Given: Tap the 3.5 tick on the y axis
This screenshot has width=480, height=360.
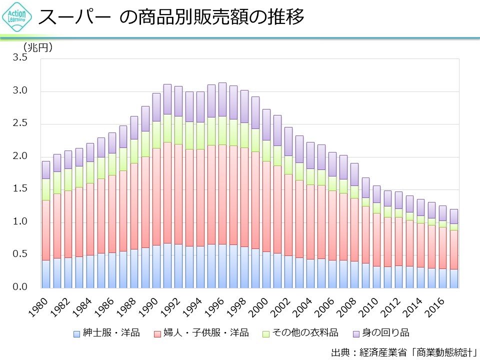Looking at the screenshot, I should pos(20,58).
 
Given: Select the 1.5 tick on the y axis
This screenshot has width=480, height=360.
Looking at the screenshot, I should pos(20,189).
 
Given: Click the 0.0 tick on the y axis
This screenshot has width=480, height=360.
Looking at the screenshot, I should pos(20,287).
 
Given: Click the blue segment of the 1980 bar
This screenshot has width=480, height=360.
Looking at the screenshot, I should pos(45,274).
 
